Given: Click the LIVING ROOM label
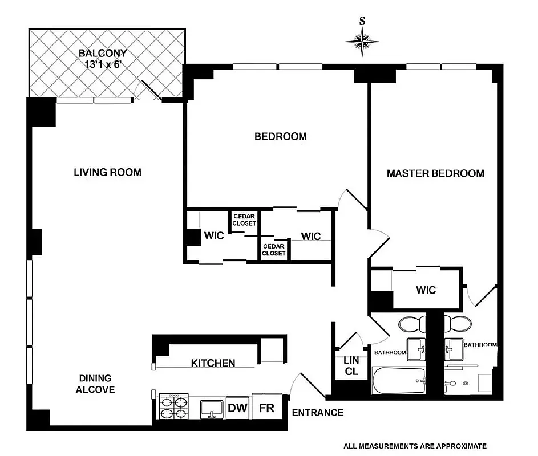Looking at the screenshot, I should pos(107,172).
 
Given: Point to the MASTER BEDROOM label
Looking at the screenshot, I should pos(435,173).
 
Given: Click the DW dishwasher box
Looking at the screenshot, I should pos(237,408).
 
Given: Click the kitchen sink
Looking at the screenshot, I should pos(212,408).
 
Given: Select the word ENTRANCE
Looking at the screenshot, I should pos(318,413).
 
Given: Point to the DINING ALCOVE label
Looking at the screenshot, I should pos(96,384).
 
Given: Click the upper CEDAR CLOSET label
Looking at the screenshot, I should pos(244,219).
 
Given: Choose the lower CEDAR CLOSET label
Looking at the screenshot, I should pos(274,250).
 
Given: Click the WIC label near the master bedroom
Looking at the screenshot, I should pos(426,290).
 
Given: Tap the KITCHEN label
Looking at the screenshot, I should pos(213,363).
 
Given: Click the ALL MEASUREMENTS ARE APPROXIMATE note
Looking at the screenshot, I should pos(415,446).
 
